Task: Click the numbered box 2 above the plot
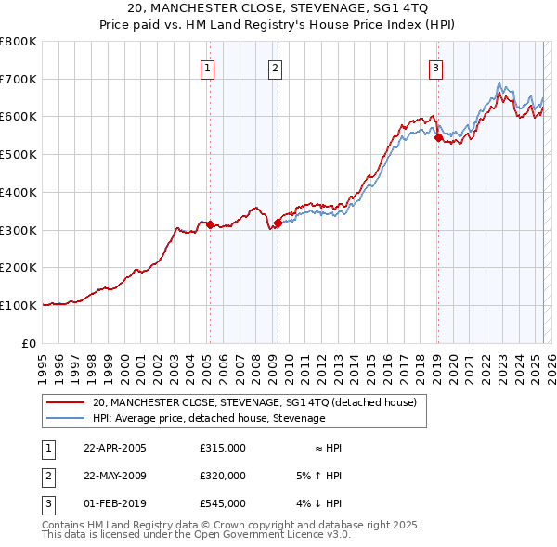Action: (276, 67)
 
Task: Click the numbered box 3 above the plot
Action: (435, 67)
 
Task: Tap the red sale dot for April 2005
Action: (210, 224)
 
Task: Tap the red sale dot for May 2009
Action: (278, 223)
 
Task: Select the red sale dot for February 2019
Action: (438, 137)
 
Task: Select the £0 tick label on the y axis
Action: (30, 343)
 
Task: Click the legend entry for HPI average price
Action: (209, 418)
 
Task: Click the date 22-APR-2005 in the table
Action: (115, 448)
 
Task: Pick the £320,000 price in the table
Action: (223, 476)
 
